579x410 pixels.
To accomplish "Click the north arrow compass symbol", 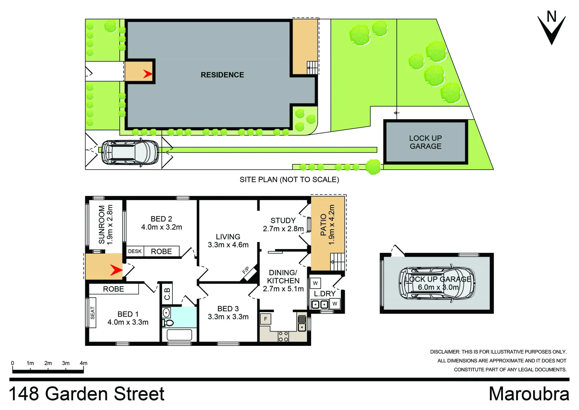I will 551,28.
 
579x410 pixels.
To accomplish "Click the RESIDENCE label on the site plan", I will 222,75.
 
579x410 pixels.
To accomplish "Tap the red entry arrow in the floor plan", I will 116,270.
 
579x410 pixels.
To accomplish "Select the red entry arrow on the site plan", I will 147,74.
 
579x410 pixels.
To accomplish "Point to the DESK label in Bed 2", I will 135,251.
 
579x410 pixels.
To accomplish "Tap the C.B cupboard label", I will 167,293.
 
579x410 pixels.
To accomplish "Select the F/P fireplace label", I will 246,271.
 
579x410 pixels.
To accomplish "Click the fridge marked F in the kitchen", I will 265,319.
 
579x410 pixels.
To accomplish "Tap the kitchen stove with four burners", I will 283,336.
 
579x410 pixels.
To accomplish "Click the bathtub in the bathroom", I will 179,335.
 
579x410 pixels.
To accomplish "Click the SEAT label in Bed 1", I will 92,313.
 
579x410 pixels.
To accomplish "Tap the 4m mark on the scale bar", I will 83,363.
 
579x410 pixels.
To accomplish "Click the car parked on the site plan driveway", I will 130,152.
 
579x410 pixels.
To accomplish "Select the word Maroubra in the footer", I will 529,394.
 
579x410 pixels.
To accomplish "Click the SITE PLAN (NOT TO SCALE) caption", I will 289,180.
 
